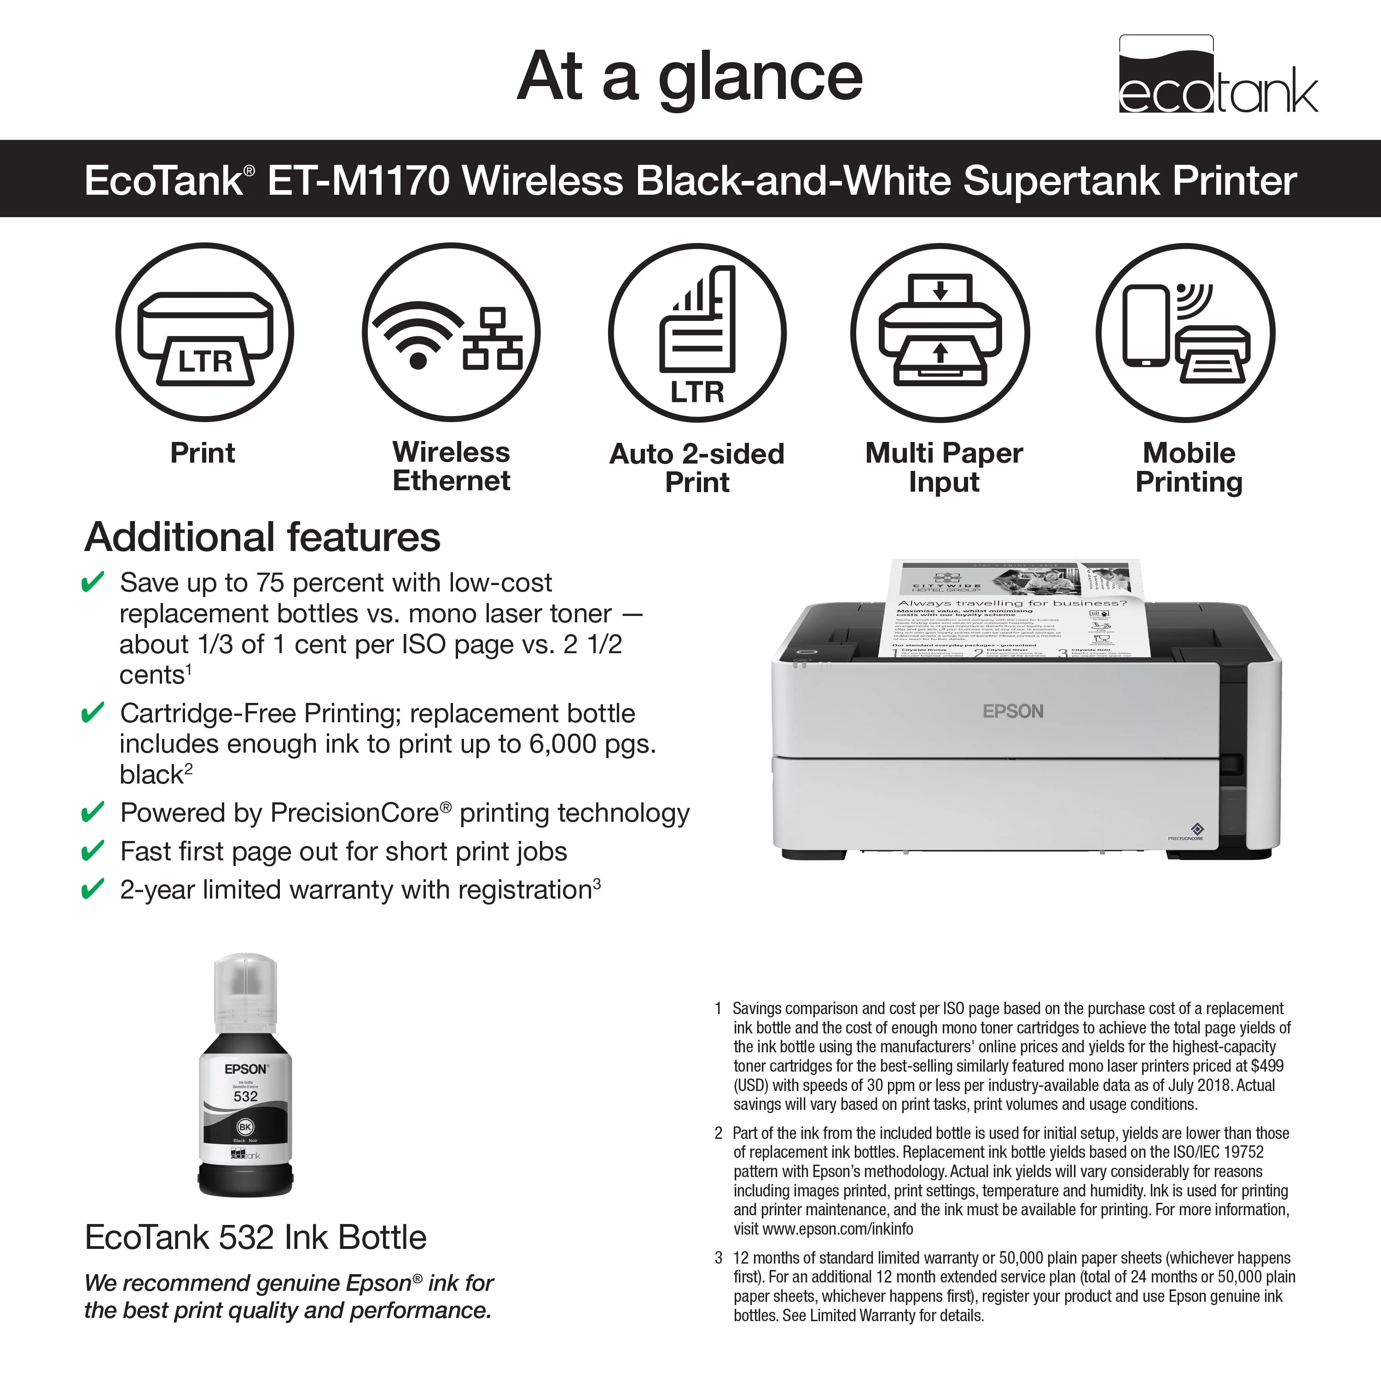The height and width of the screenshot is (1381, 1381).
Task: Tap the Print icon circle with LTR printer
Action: (x=204, y=332)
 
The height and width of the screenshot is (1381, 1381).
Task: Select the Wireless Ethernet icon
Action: (x=451, y=332)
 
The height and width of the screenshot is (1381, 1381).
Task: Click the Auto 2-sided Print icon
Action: (x=697, y=332)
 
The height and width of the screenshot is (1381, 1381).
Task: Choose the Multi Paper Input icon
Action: (x=940, y=332)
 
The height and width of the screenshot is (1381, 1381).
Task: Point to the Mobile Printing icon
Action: (x=1186, y=332)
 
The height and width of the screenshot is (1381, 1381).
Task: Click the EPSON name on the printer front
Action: (x=1013, y=711)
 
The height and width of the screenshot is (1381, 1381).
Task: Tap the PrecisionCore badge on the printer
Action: (x=1186, y=832)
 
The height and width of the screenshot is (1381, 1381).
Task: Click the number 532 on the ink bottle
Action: (x=245, y=1096)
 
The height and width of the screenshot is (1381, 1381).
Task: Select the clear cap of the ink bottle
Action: (x=245, y=990)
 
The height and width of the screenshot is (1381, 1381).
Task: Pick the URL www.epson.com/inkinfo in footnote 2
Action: (x=838, y=1229)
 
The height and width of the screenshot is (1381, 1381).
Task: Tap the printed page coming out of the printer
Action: (x=1011, y=611)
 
